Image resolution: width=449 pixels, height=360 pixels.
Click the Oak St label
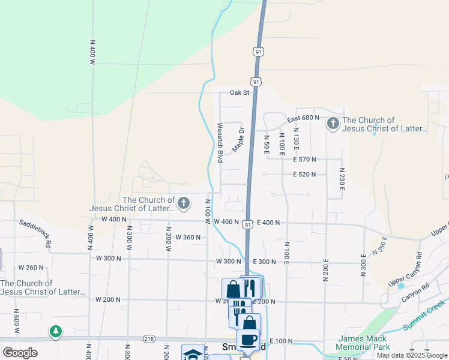tap(239, 93)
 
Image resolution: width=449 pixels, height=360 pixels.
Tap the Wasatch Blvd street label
tap(220, 143)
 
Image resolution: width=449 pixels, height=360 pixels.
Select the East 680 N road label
tap(303, 118)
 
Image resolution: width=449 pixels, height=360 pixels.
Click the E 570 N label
tap(304, 160)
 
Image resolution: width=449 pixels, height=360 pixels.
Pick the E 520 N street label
tap(304, 175)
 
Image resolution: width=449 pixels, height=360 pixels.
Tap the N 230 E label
tap(340, 179)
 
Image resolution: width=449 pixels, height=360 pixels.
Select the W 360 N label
tap(188, 238)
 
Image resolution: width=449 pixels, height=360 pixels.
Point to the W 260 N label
tap(31, 268)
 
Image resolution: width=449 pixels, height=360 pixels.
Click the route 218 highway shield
tap(148, 340)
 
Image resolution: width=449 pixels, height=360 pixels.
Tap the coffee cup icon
tap(248, 340)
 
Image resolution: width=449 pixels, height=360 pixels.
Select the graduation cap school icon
tap(193, 354)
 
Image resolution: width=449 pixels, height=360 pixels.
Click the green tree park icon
tap(56, 331)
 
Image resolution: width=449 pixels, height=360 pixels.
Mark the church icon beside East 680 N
tap(333, 124)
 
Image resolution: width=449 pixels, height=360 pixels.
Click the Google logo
tap(20, 353)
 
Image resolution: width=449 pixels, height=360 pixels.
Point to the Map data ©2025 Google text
tap(412, 355)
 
